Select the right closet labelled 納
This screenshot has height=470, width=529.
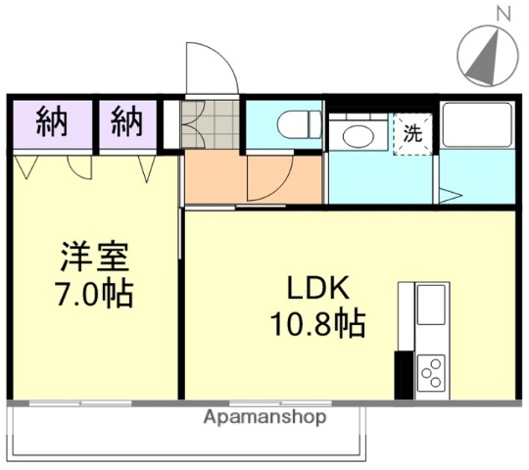pos(125,123)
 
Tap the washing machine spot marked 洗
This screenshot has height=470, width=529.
pos(413,135)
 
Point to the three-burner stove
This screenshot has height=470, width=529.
pos(430,371)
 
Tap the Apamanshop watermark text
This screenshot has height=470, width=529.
pos(264,417)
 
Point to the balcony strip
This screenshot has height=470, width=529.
pos(186,432)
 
